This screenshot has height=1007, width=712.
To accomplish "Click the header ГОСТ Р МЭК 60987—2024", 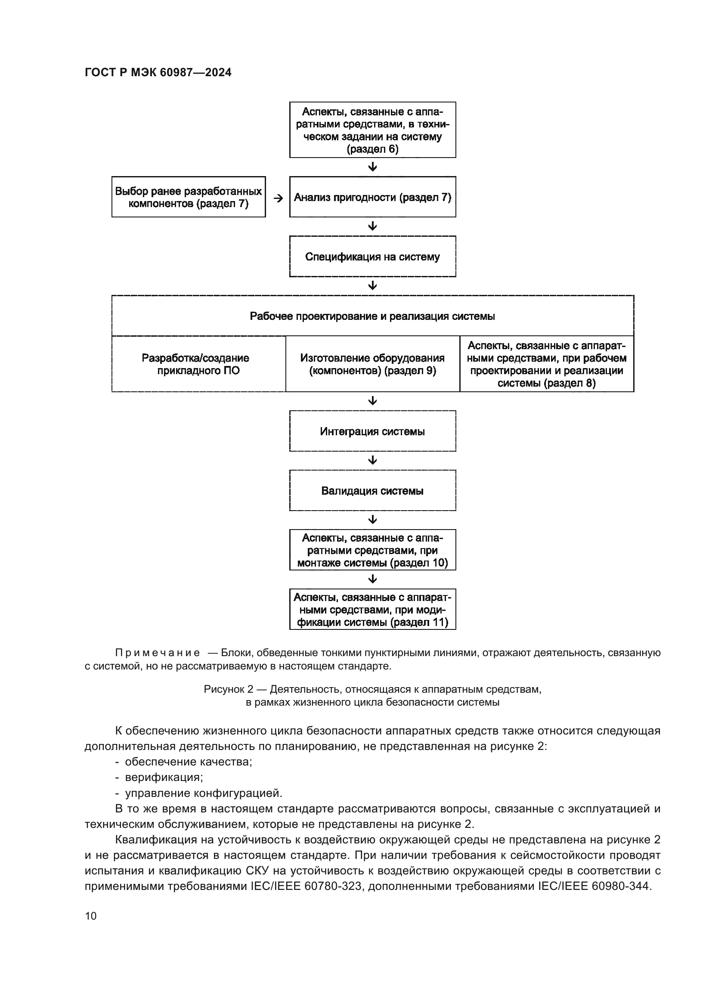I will (x=158, y=73).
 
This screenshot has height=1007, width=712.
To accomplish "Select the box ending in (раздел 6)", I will (x=372, y=130).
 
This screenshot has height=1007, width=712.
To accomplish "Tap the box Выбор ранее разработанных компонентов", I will (x=189, y=197).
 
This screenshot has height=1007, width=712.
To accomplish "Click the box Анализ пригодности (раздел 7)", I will (x=372, y=197).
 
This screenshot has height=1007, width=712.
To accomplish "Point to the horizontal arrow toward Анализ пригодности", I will (x=278, y=198).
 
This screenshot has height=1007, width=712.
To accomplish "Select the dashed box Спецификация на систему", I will (x=372, y=257).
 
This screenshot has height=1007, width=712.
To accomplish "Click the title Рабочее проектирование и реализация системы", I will (x=372, y=316).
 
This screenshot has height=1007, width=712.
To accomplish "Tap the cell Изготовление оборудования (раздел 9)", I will (x=372, y=364).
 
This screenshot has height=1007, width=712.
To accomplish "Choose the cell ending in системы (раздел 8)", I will (x=547, y=364).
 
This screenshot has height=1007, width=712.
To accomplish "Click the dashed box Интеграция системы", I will (x=372, y=431).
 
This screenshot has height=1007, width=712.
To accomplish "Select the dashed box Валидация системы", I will (x=372, y=490).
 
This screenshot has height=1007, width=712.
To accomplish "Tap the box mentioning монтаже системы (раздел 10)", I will (x=372, y=550).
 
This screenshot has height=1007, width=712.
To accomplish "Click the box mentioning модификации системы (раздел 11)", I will (x=372, y=609).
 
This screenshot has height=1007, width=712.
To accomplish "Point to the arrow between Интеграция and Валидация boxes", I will (x=372, y=460).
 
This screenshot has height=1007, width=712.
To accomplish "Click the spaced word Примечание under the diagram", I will (x=158, y=653).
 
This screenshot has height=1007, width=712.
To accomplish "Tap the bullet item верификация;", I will (x=164, y=777).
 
